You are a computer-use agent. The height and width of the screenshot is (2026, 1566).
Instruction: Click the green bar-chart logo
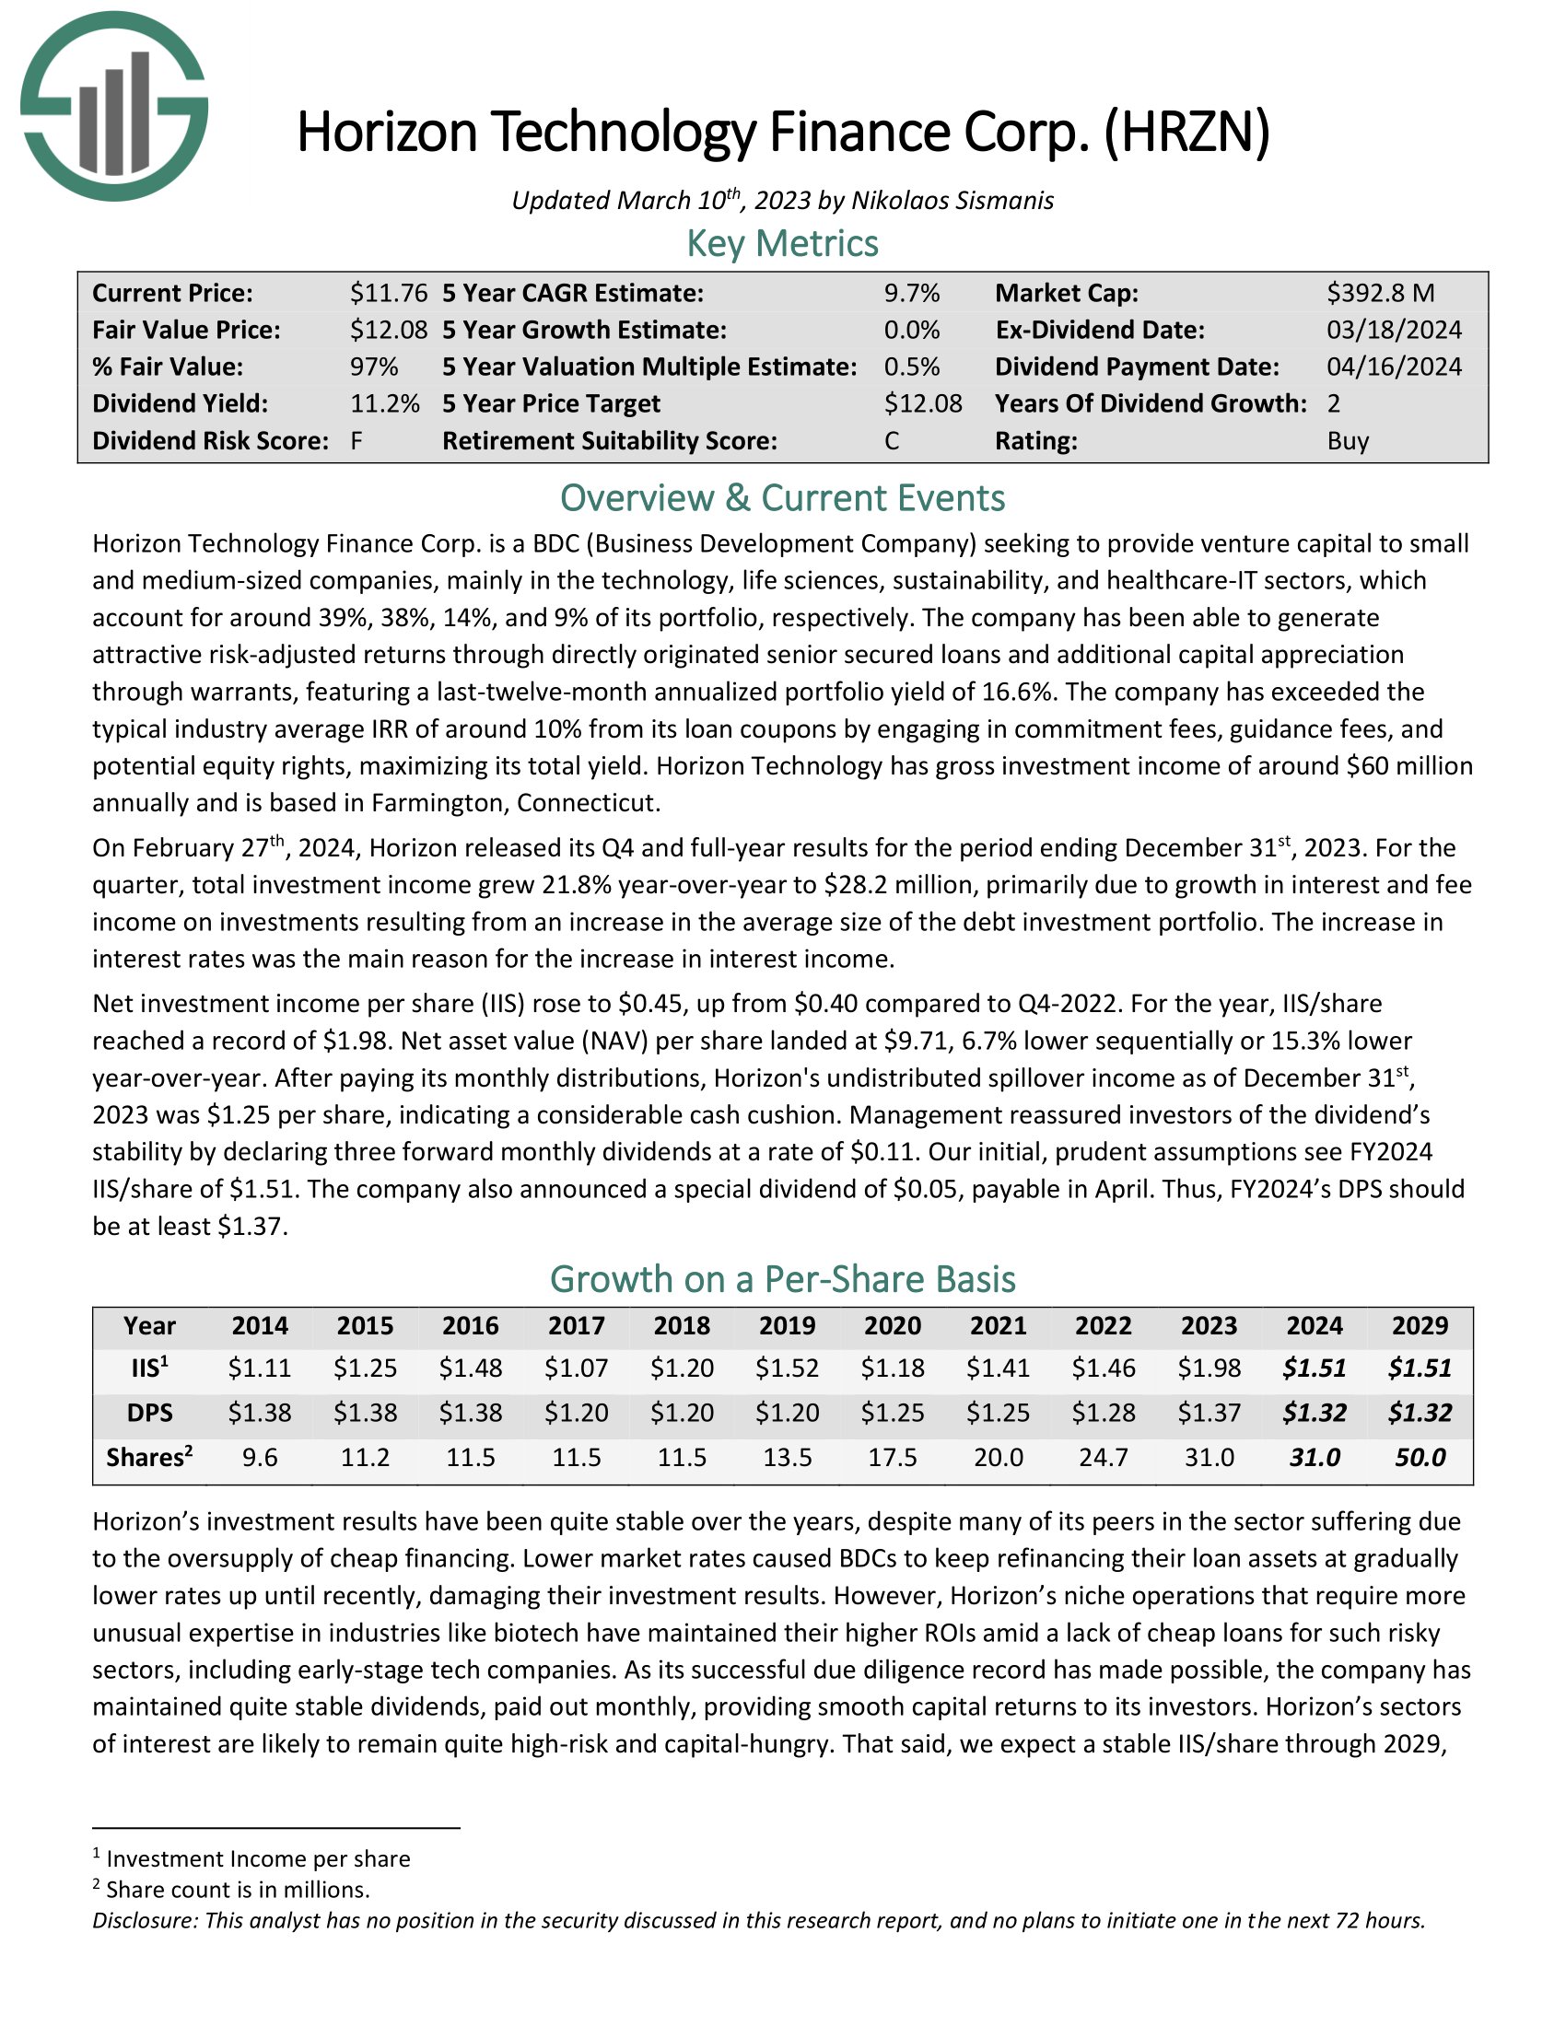tap(113, 106)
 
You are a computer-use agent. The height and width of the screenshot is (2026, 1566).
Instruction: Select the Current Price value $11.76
tap(388, 293)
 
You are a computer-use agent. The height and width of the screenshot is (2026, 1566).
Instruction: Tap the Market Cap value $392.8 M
tap(1380, 293)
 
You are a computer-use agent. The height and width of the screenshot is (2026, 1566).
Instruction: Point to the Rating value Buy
tap(1347, 440)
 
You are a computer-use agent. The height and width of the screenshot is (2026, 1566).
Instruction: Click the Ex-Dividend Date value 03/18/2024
tap(1394, 331)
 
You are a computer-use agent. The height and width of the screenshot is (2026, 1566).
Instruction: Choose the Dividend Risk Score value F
tap(356, 440)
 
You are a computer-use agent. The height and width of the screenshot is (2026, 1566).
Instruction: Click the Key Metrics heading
tap(782, 244)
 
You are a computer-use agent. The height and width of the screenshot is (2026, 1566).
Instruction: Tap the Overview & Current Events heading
tap(782, 498)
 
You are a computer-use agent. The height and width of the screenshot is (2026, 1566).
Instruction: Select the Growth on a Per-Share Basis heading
tap(782, 1279)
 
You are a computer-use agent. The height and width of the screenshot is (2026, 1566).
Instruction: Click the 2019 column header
tap(787, 1325)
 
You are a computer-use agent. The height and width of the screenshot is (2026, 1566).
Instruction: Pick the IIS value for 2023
tap(1209, 1368)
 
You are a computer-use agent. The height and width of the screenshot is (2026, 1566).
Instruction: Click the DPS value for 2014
tap(260, 1413)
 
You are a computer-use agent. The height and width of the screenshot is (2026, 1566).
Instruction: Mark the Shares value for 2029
tap(1420, 1458)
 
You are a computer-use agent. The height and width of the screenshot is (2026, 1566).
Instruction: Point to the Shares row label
tap(149, 1458)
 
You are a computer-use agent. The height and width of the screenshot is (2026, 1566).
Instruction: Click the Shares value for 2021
tap(999, 1458)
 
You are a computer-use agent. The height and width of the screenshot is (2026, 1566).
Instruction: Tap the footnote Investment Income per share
tap(258, 1858)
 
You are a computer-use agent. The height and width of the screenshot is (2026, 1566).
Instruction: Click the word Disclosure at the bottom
tap(144, 1920)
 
